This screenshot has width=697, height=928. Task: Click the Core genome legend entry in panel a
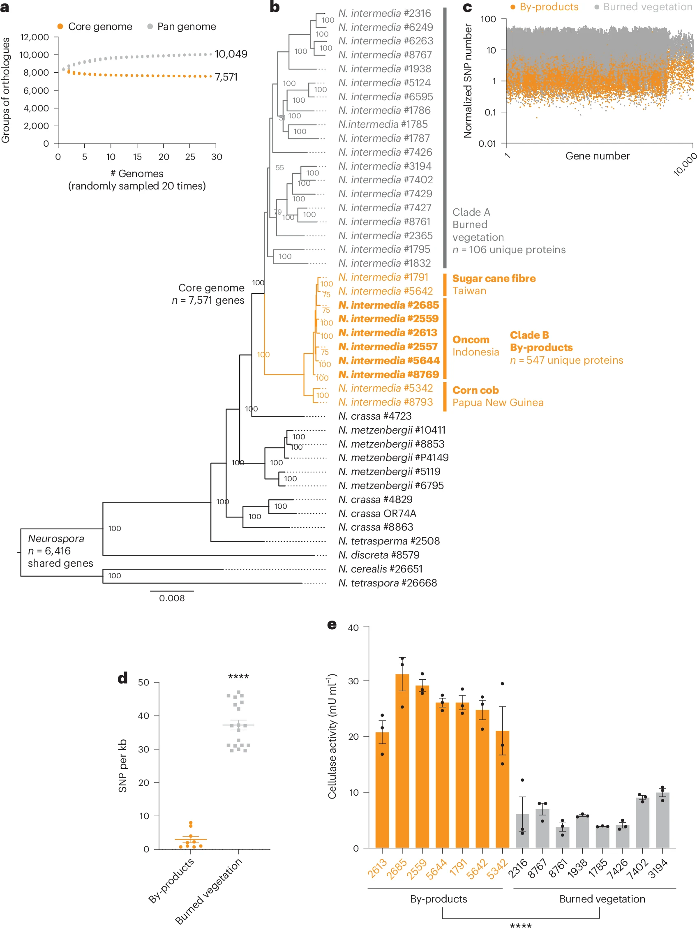[95, 26]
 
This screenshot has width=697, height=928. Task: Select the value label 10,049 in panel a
[231, 54]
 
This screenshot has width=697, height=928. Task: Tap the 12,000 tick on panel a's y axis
[35, 37]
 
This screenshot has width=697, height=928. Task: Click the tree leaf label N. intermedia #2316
[384, 14]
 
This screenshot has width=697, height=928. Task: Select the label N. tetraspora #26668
[387, 583]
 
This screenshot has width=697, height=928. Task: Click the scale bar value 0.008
[172, 598]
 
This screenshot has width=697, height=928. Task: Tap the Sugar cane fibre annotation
[494, 279]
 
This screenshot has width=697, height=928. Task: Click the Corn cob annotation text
[475, 390]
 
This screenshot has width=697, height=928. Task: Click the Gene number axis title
[597, 156]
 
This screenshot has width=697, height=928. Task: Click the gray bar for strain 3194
[662, 820]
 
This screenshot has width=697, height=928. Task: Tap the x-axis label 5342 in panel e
[497, 868]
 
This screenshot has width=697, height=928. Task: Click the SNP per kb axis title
[122, 766]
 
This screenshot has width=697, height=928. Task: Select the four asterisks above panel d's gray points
[238, 676]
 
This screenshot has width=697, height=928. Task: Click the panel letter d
[122, 678]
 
